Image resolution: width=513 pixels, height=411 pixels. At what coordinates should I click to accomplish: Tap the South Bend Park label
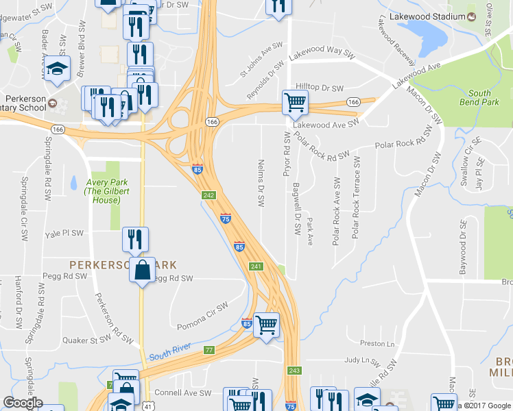(x=480, y=97)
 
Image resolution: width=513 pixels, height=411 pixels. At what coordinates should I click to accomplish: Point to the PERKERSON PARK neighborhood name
(x=123, y=264)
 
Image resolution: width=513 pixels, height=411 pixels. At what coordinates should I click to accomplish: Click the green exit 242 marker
(x=209, y=195)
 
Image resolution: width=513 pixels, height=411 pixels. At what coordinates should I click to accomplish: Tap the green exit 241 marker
(x=256, y=266)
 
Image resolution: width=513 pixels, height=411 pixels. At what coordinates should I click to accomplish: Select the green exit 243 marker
(x=294, y=370)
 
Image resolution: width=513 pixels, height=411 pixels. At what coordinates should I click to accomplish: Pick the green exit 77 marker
(x=209, y=350)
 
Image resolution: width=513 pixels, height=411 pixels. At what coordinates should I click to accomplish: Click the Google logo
(x=23, y=403)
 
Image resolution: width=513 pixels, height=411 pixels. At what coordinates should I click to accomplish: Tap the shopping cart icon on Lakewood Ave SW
(x=294, y=103)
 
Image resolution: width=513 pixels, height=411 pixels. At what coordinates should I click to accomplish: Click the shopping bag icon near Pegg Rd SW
(x=142, y=270)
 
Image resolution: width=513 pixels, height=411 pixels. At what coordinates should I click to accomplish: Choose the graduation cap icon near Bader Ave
(x=58, y=68)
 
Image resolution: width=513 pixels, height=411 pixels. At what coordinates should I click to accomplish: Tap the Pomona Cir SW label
(x=202, y=316)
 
